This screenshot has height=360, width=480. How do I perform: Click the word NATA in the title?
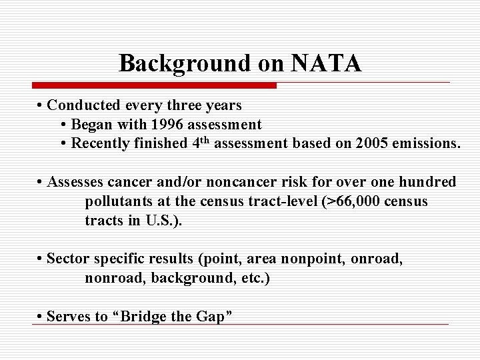326,63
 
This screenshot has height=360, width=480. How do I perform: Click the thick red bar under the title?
154,85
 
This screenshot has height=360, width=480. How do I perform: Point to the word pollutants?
118,201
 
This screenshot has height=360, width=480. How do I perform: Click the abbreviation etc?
255,278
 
